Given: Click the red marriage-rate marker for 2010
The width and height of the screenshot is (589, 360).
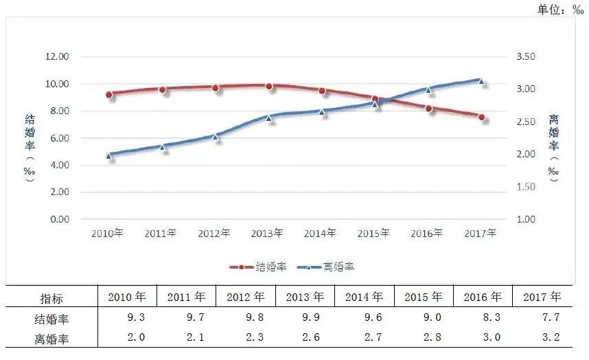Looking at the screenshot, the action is tap(109, 95).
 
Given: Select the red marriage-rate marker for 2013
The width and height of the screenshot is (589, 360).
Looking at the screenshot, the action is tap(269, 87).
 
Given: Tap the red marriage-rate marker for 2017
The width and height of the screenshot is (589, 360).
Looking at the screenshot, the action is tap(482, 117).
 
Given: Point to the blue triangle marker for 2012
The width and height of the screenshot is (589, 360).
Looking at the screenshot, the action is tap(216, 137).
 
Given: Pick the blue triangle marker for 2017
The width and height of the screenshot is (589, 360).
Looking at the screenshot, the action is tap(481, 81).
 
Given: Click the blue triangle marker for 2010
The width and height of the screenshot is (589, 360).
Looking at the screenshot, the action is tap(109, 155).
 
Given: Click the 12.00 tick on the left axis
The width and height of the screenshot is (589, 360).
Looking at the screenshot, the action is tap(57, 56).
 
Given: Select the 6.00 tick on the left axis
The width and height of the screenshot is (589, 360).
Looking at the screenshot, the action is tap(60, 138).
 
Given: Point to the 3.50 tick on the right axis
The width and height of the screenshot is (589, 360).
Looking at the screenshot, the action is tap(526, 56).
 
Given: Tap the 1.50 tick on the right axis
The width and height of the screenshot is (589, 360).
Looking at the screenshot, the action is tap(526, 187).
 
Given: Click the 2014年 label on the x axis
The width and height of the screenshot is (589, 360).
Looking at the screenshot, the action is tap(320, 234).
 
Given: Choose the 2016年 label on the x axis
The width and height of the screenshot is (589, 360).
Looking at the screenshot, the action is tap(426, 234).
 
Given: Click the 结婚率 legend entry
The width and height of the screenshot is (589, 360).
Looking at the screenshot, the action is tap(258, 267).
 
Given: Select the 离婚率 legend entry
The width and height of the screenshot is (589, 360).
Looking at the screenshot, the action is tap(325, 267).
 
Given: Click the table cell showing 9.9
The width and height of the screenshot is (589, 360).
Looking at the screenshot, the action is tap(311, 317).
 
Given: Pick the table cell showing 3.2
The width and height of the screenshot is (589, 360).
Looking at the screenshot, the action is tap(551, 337).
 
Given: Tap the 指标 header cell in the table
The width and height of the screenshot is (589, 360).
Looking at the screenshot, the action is tap(51, 299).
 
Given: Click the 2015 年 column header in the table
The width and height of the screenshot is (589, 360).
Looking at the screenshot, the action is tap(424, 297).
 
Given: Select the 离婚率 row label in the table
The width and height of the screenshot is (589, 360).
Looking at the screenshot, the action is tap(51, 339).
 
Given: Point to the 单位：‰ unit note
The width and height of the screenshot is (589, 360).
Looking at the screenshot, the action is tap(560, 9).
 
